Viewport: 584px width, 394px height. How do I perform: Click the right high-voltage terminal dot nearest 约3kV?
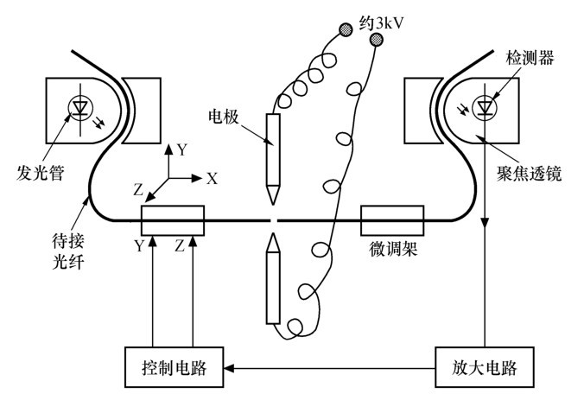click(x=375, y=40)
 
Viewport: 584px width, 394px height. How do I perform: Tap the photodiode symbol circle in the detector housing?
click(x=486, y=106)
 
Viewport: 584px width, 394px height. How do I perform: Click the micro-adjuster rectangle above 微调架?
click(x=391, y=220)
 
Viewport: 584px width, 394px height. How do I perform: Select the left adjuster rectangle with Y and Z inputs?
click(x=172, y=220)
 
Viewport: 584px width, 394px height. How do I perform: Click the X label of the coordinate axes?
click(x=212, y=178)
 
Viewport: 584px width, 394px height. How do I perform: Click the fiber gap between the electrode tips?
click(x=273, y=220)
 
